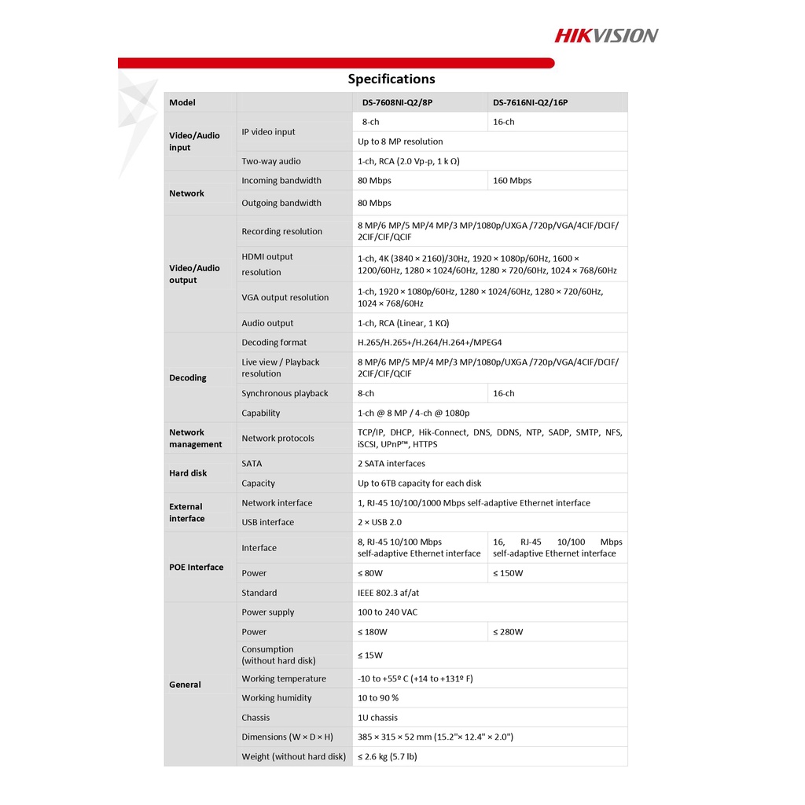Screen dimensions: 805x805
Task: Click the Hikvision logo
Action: (606, 35)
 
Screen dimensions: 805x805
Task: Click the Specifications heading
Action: (391, 79)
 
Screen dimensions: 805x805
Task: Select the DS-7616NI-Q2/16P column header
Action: (530, 102)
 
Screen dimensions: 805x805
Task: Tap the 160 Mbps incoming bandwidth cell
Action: (512, 181)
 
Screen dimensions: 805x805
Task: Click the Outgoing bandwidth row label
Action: (281, 203)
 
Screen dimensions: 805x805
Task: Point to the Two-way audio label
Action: (271, 161)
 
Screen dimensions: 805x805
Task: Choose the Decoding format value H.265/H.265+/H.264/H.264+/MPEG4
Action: (429, 343)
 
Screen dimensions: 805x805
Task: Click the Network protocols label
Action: (278, 439)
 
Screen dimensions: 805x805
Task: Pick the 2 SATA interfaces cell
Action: (391, 464)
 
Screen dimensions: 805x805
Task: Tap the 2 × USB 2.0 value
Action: (380, 523)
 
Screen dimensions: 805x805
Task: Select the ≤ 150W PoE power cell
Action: (508, 573)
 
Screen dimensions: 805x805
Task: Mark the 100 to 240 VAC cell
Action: (388, 612)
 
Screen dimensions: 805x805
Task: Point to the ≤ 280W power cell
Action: (508, 632)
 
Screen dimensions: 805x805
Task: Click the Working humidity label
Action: (277, 698)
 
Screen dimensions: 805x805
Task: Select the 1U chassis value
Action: (377, 718)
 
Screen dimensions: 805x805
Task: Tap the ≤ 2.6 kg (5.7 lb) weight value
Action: (388, 757)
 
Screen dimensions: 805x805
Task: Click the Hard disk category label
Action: (188, 473)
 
